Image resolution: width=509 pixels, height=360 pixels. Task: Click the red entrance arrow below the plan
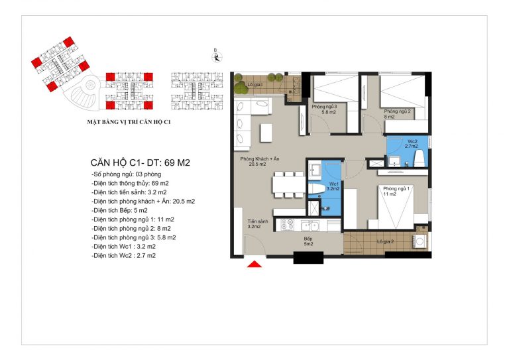click(254, 264)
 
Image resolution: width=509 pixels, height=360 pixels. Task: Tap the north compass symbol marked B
click(217, 57)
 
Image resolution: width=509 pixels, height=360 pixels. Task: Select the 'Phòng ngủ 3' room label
click(324, 107)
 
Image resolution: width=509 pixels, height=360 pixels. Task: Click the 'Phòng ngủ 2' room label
click(398, 111)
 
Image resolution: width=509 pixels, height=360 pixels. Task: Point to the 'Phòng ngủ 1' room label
click(396, 188)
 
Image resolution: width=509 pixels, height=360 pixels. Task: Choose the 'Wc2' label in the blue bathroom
click(413, 141)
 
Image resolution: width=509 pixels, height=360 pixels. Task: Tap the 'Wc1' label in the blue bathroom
click(334, 184)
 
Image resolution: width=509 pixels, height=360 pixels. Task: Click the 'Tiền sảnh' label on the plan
click(258, 221)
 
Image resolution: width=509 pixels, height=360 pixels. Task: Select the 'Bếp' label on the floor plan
click(308, 239)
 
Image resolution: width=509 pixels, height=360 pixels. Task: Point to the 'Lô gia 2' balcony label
click(385, 242)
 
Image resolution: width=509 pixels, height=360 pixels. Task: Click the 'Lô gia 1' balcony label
click(255, 85)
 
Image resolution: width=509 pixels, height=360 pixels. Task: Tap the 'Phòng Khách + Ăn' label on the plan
click(260, 159)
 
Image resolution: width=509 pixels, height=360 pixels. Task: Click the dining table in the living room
click(288, 184)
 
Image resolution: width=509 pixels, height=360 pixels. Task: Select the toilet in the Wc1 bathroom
click(317, 188)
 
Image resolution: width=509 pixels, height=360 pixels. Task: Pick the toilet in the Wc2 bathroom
click(420, 157)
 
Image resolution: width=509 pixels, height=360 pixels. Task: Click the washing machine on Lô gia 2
click(420, 241)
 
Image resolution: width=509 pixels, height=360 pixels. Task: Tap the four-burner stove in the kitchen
click(287, 225)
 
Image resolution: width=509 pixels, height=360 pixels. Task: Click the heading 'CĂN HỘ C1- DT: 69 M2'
click(141, 162)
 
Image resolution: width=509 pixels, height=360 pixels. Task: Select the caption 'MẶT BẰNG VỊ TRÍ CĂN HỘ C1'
click(129, 122)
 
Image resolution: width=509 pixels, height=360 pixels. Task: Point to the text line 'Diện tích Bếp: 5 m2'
click(119, 210)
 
